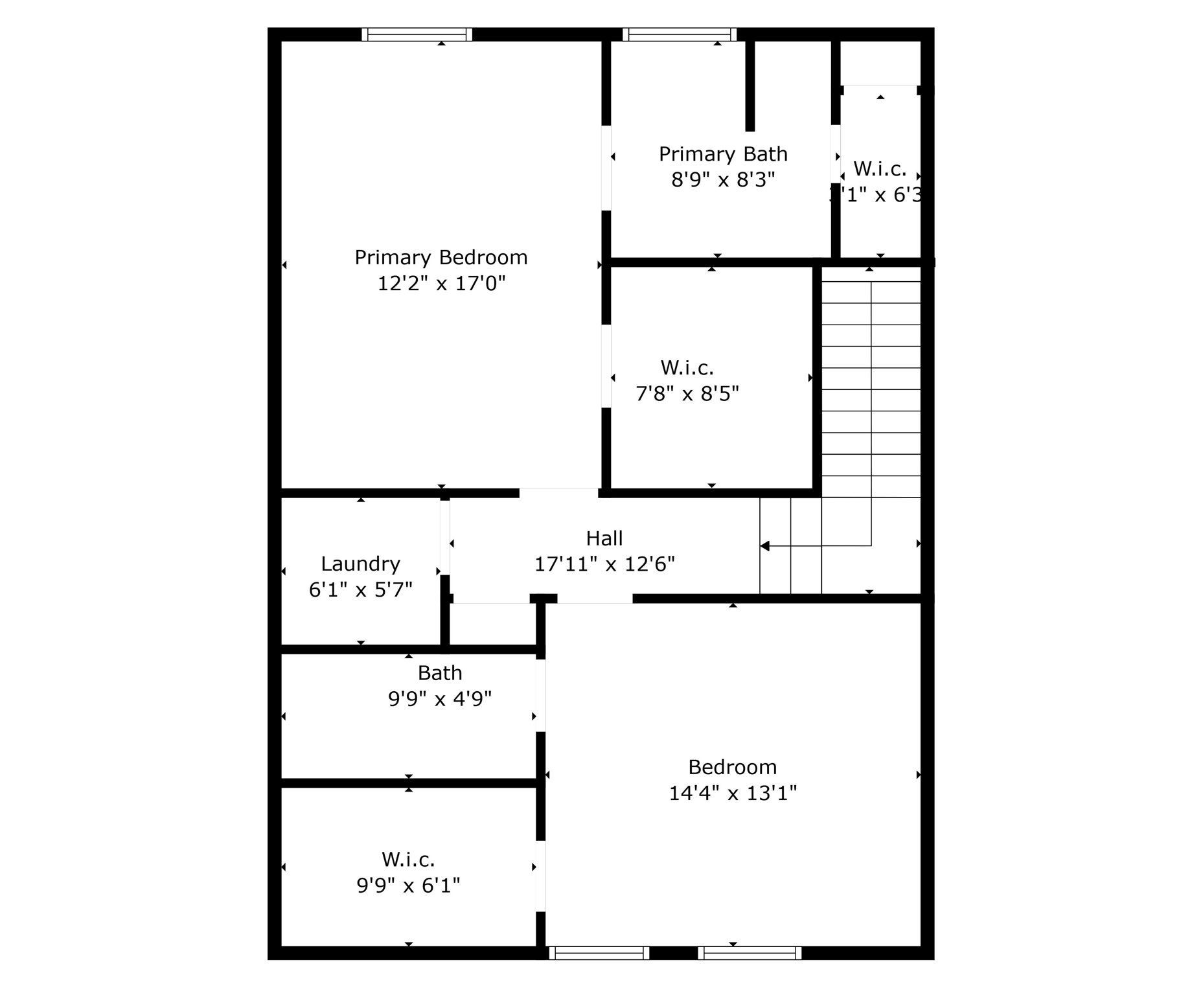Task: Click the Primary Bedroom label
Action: pos(441,258)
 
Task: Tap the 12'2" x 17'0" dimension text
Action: pos(441,284)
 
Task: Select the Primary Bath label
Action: pos(723,154)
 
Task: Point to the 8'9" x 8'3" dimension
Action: pos(723,179)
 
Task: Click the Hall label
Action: pos(604,538)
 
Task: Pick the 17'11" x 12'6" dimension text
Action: pos(604,564)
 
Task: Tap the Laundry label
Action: pos(360,564)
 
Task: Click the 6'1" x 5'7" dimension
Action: pos(360,589)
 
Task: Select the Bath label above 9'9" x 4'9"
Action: pos(440,673)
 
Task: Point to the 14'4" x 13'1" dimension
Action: pos(733,793)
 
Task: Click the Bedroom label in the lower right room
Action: pos(732,767)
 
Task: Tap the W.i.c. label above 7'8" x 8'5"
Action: pos(687,368)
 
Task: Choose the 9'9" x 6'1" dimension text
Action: pos(408,885)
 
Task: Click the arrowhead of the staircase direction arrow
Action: pos(765,546)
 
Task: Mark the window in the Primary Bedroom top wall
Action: pos(417,34)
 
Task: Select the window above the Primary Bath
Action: pos(680,34)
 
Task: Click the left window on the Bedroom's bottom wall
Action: pos(599,953)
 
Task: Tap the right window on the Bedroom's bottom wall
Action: pos(750,953)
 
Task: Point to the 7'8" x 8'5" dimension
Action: pos(687,393)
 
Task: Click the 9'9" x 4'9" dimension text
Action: pos(440,699)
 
